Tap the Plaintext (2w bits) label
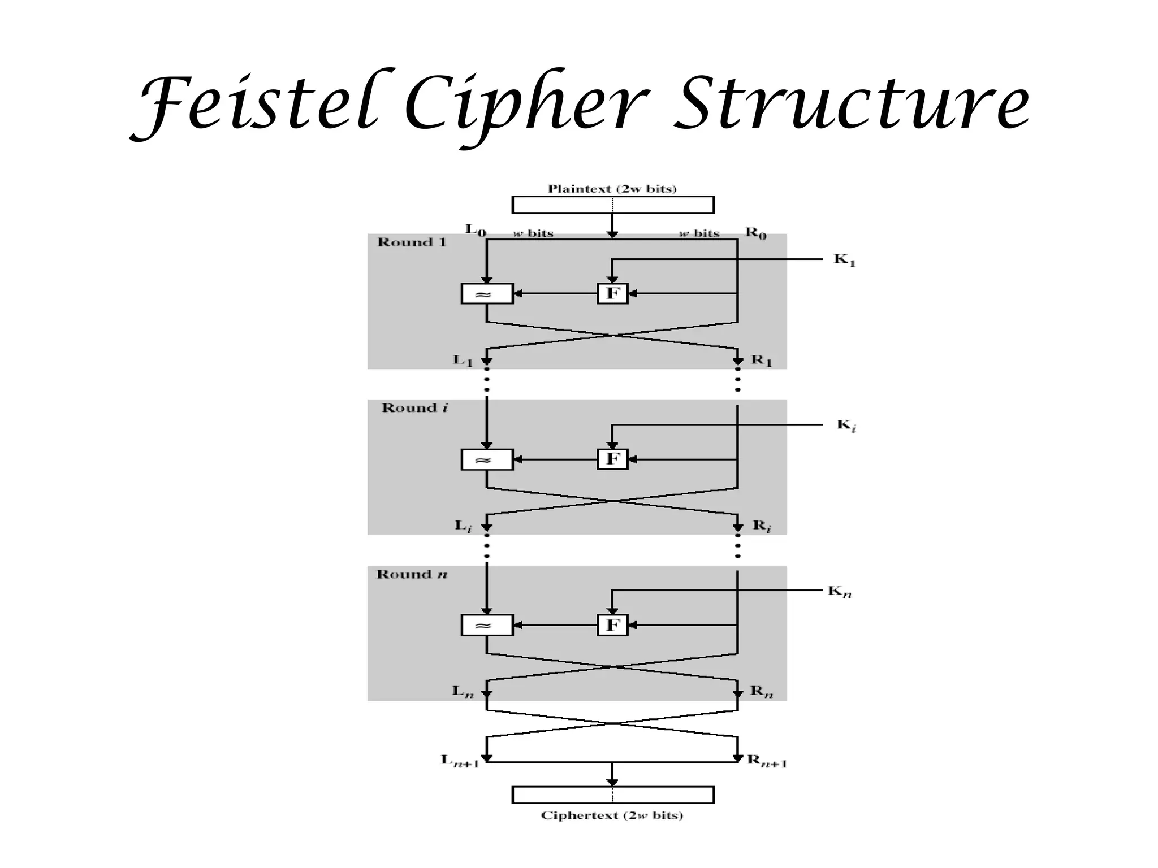pyautogui.click(x=612, y=189)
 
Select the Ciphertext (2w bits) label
pyautogui.click(x=612, y=815)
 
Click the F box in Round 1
pyautogui.click(x=613, y=293)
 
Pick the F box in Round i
pyautogui.click(x=613, y=459)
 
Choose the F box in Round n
pyautogui.click(x=613, y=625)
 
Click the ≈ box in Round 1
pyautogui.click(x=487, y=294)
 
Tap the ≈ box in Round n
pyautogui.click(x=487, y=626)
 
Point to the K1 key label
pyautogui.click(x=845, y=261)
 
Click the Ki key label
pyautogui.click(x=846, y=426)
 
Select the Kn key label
pyautogui.click(x=840, y=592)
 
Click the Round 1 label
pyautogui.click(x=412, y=242)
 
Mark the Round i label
pyautogui.click(x=415, y=408)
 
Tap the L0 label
pyautogui.click(x=476, y=230)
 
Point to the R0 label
pyautogui.click(x=756, y=232)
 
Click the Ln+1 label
pyautogui.click(x=460, y=761)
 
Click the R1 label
pyautogui.click(x=761, y=361)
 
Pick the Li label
pyautogui.click(x=463, y=526)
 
